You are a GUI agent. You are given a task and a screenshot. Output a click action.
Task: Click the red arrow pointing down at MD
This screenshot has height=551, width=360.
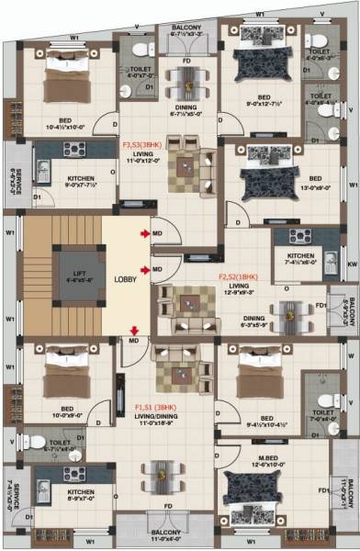coord(134,331)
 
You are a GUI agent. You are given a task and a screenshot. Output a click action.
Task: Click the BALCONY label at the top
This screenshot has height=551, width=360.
coord(182,28)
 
